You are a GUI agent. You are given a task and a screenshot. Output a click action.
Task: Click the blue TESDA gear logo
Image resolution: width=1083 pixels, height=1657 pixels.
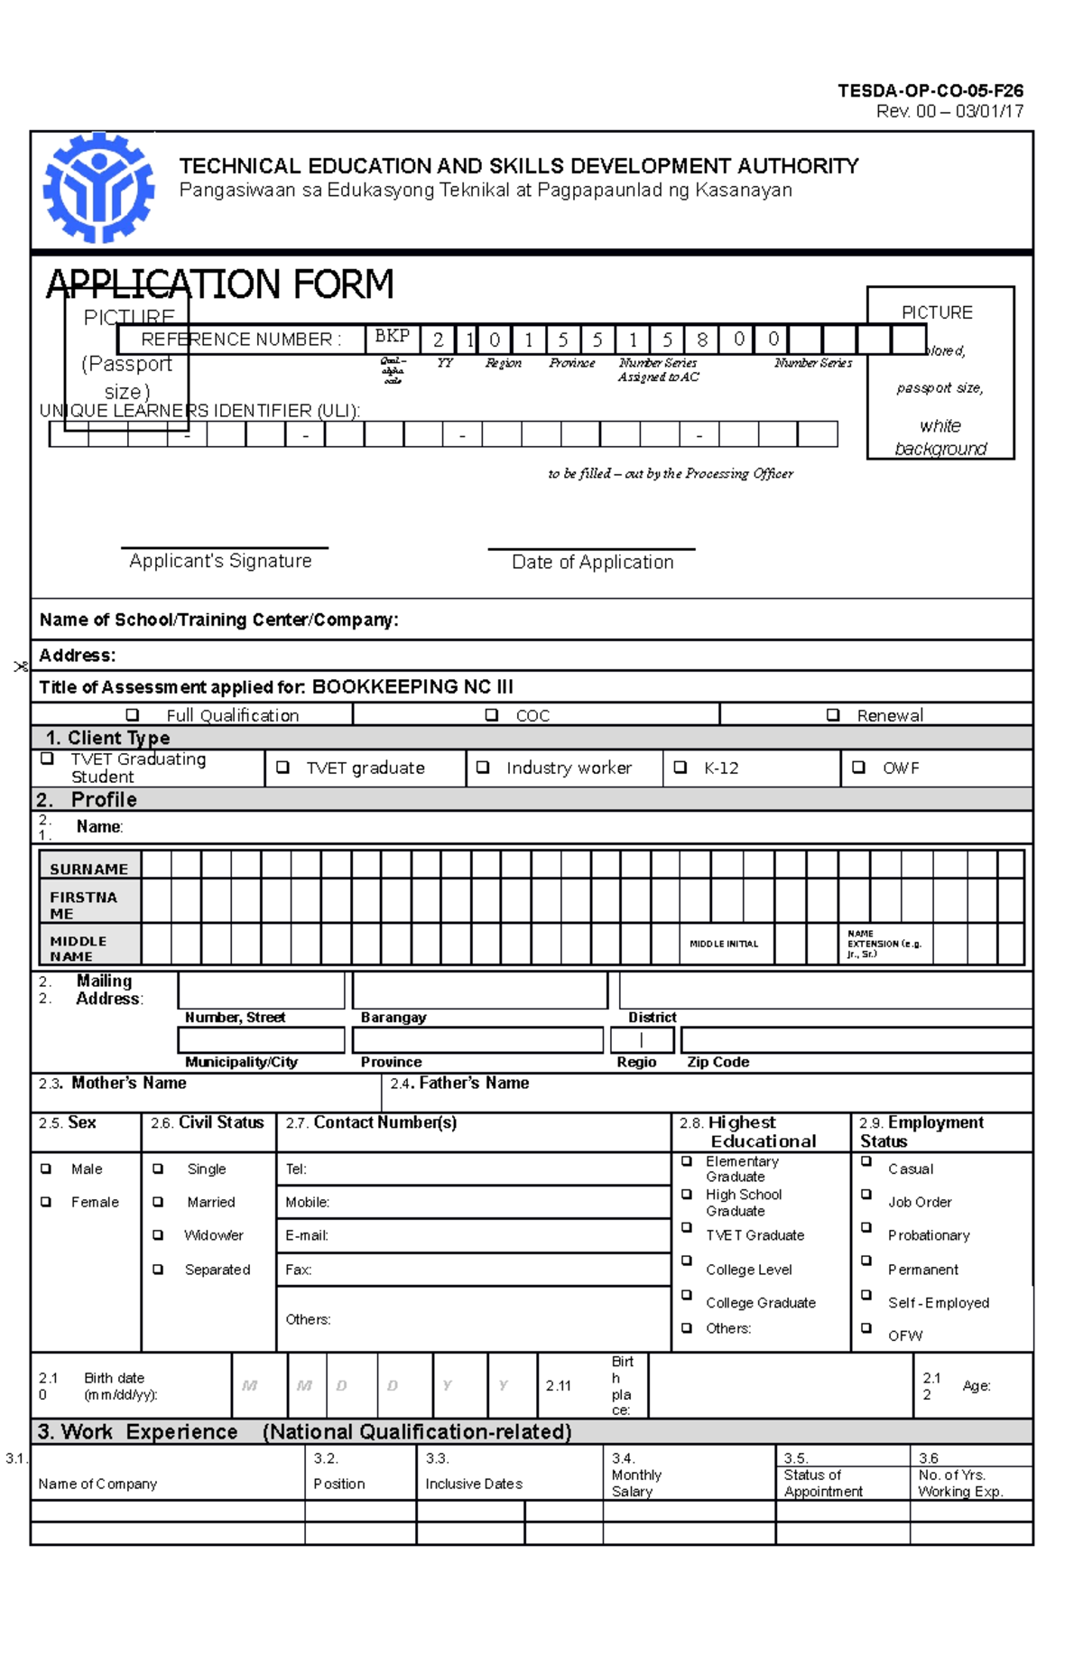click(98, 189)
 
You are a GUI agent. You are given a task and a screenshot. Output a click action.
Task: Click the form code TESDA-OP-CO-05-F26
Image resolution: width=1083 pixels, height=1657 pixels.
click(930, 90)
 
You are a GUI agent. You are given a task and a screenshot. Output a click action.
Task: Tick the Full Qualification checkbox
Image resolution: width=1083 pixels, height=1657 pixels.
click(133, 715)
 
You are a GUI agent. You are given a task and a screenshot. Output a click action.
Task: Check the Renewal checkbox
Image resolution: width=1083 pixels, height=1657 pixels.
click(833, 715)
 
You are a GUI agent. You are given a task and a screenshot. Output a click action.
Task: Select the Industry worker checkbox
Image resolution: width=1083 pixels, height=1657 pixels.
click(483, 768)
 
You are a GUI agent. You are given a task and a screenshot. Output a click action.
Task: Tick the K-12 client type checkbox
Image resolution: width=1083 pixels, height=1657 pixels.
click(680, 768)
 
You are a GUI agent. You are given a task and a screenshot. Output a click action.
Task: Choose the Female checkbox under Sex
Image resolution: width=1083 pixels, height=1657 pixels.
click(46, 1202)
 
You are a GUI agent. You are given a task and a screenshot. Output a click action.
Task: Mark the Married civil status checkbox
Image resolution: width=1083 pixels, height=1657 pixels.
click(158, 1202)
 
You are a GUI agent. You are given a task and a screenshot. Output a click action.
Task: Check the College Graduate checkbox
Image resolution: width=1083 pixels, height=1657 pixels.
click(687, 1296)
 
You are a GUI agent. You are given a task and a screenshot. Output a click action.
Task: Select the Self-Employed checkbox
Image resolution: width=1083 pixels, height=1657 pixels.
click(866, 1296)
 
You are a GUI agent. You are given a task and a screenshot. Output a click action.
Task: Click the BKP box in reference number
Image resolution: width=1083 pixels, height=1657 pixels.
click(392, 337)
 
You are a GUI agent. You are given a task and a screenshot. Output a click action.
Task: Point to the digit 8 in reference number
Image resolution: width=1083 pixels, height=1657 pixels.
click(701, 340)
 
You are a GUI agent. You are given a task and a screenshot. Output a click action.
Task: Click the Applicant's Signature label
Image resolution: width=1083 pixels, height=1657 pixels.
click(220, 561)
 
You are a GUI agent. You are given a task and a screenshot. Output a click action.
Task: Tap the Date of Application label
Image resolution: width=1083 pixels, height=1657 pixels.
click(592, 562)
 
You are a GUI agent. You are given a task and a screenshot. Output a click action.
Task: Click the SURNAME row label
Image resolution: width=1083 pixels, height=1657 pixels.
click(88, 869)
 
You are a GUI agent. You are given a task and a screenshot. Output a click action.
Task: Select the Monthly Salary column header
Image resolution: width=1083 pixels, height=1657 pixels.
click(636, 1483)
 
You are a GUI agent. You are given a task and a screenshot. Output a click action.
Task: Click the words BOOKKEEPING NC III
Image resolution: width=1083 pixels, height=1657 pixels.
click(412, 686)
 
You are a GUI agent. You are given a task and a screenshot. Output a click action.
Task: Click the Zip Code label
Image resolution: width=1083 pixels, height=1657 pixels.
click(717, 1062)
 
